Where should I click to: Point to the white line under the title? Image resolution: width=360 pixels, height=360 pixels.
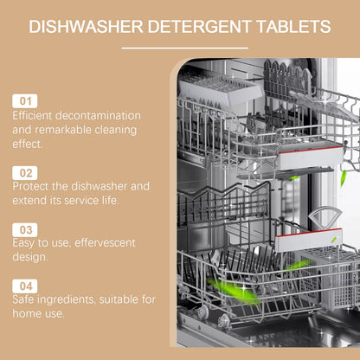pos(179,48)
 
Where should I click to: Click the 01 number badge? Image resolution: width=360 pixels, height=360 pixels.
pos(25,100)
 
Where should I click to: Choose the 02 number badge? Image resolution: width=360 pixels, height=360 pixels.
pos(25,172)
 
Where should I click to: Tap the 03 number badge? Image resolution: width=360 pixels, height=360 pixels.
pos(25,229)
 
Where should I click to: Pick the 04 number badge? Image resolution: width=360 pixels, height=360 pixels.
pos(25,285)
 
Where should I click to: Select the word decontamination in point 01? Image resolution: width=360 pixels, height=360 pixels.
pos(106,116)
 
